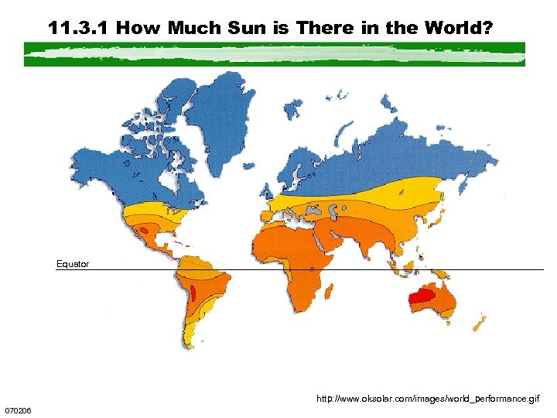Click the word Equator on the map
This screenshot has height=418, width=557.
(x=73, y=264)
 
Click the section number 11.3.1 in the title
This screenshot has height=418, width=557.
(x=79, y=29)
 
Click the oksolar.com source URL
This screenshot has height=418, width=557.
(x=429, y=399)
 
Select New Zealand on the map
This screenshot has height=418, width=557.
(x=480, y=320)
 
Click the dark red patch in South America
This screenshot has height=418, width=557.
(x=193, y=293)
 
